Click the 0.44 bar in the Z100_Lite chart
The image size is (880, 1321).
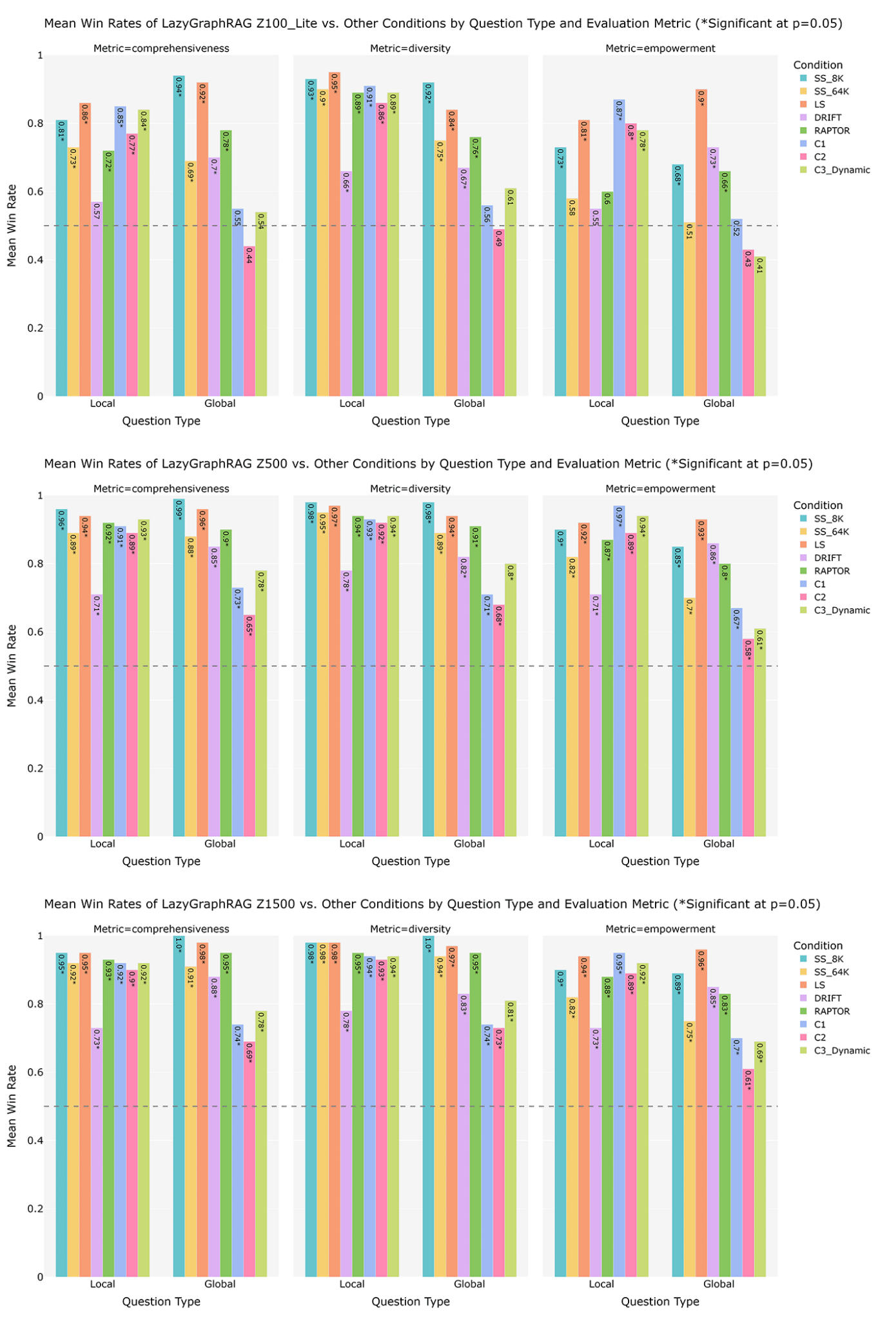(x=249, y=323)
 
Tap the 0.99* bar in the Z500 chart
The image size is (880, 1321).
(x=179, y=668)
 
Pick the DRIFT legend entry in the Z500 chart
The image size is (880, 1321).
(x=827, y=558)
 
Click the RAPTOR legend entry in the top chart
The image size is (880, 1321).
(x=832, y=131)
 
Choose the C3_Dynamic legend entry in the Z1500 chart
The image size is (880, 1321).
(x=841, y=1051)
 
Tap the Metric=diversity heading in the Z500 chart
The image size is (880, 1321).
(x=410, y=489)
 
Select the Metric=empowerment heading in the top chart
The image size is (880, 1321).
(x=660, y=48)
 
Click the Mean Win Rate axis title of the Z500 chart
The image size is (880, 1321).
(x=12, y=666)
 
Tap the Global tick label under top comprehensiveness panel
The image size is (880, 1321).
(x=220, y=404)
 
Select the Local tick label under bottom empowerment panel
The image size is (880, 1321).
(x=601, y=1284)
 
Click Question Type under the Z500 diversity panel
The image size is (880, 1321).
(x=410, y=861)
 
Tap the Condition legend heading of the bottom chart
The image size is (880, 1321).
(x=817, y=946)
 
